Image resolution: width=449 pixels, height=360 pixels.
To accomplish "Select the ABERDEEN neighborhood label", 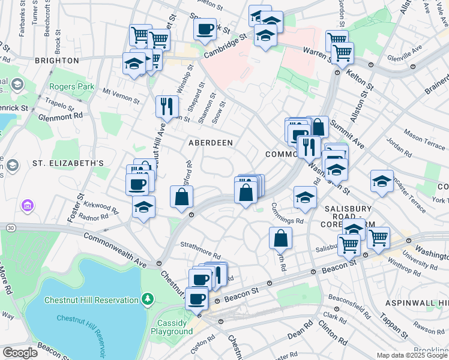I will click(211, 143).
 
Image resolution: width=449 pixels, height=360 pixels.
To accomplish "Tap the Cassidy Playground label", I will click(172, 327).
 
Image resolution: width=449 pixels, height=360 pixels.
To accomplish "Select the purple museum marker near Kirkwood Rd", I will click(26, 206).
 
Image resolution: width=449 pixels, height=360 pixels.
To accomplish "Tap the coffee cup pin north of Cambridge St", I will click(205, 28).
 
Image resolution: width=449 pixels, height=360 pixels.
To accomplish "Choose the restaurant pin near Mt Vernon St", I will click(166, 106).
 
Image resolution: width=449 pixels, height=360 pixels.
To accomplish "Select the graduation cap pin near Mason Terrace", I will click(382, 181).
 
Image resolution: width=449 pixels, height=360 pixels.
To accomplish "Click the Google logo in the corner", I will click(20, 353).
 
